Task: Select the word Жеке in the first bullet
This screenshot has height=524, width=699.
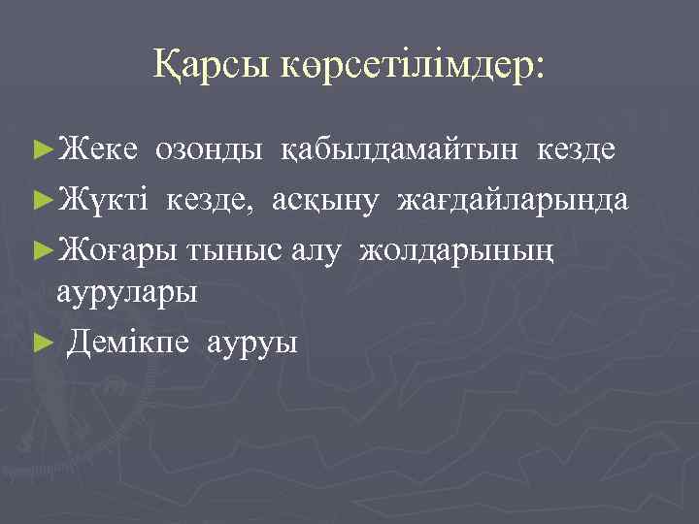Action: pyautogui.click(x=102, y=150)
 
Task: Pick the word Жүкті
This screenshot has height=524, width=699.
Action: pyautogui.click(x=107, y=201)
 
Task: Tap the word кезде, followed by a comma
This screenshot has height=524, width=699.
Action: pyautogui.click(x=216, y=202)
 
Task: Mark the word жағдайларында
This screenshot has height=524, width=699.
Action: pyautogui.click(x=512, y=202)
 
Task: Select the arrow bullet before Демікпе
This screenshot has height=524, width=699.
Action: pyautogui.click(x=42, y=342)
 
